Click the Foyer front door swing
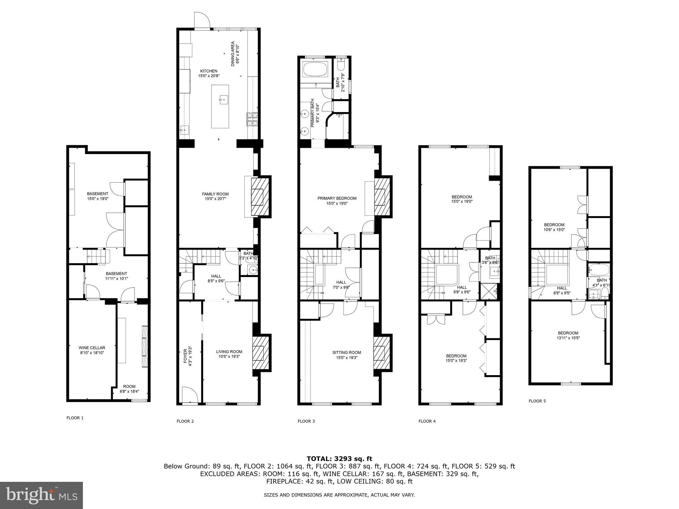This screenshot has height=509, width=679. [190, 395]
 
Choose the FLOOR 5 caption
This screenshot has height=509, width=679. [537, 401]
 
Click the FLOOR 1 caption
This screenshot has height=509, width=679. [75, 418]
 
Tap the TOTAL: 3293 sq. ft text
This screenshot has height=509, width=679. [339, 459]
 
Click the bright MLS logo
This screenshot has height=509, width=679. [41, 495]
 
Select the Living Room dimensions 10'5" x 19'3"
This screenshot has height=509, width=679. [229, 357]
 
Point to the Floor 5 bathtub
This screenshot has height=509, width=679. [598, 270]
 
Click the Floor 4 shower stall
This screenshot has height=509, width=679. [489, 291]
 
